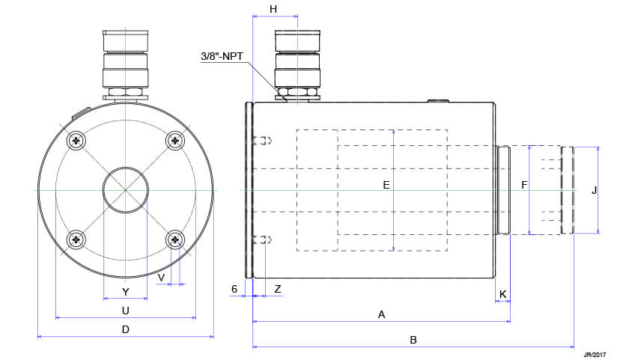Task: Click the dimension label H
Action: coord(273,8)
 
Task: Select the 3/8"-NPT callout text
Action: coord(227,56)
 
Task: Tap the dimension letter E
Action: coord(386,183)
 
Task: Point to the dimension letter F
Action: coord(524,183)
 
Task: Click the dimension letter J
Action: coord(594,190)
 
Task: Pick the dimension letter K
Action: coord(502,293)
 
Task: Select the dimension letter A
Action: coord(381,315)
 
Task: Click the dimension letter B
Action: coord(413,340)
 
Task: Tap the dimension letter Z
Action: coord(278,289)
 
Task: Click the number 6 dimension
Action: coord(234,289)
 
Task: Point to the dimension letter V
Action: coord(161,277)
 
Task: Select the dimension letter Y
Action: coord(125,291)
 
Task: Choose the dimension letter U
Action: coord(125,310)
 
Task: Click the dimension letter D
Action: coord(125,329)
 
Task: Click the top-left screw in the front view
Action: coord(77,140)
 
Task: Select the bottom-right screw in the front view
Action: coord(175,239)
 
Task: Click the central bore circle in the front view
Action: coord(125,189)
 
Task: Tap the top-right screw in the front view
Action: coord(175,140)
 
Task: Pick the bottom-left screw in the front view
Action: coord(77,239)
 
